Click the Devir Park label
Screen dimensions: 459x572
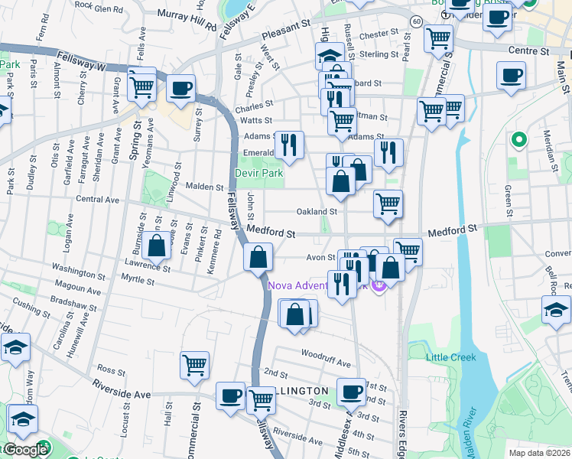coord(258,174)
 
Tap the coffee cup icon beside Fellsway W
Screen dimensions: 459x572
coord(181,88)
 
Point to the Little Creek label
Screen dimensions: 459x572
coord(451,357)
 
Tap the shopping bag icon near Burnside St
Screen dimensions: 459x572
coord(157,246)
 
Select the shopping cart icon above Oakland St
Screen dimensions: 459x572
coord(388,204)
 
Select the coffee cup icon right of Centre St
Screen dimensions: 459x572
coord(511,76)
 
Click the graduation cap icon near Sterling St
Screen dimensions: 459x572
coord(329,56)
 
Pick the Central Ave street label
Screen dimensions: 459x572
coord(97,200)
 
